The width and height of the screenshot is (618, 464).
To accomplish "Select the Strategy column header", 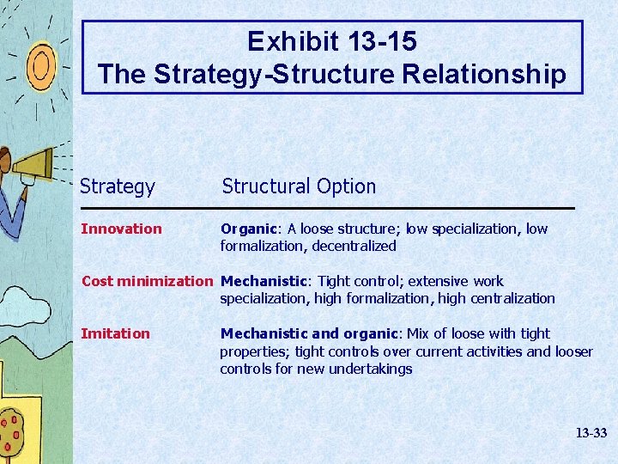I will click(118, 186).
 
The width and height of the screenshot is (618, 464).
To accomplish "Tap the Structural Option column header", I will click(299, 186).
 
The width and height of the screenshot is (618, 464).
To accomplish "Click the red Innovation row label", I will click(121, 229).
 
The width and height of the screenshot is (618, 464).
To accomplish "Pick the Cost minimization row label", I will click(146, 281).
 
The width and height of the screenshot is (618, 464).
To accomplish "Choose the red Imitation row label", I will click(115, 333).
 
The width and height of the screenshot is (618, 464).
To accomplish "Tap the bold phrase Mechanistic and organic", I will click(306, 333).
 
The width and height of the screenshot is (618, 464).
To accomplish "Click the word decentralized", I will click(354, 247).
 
